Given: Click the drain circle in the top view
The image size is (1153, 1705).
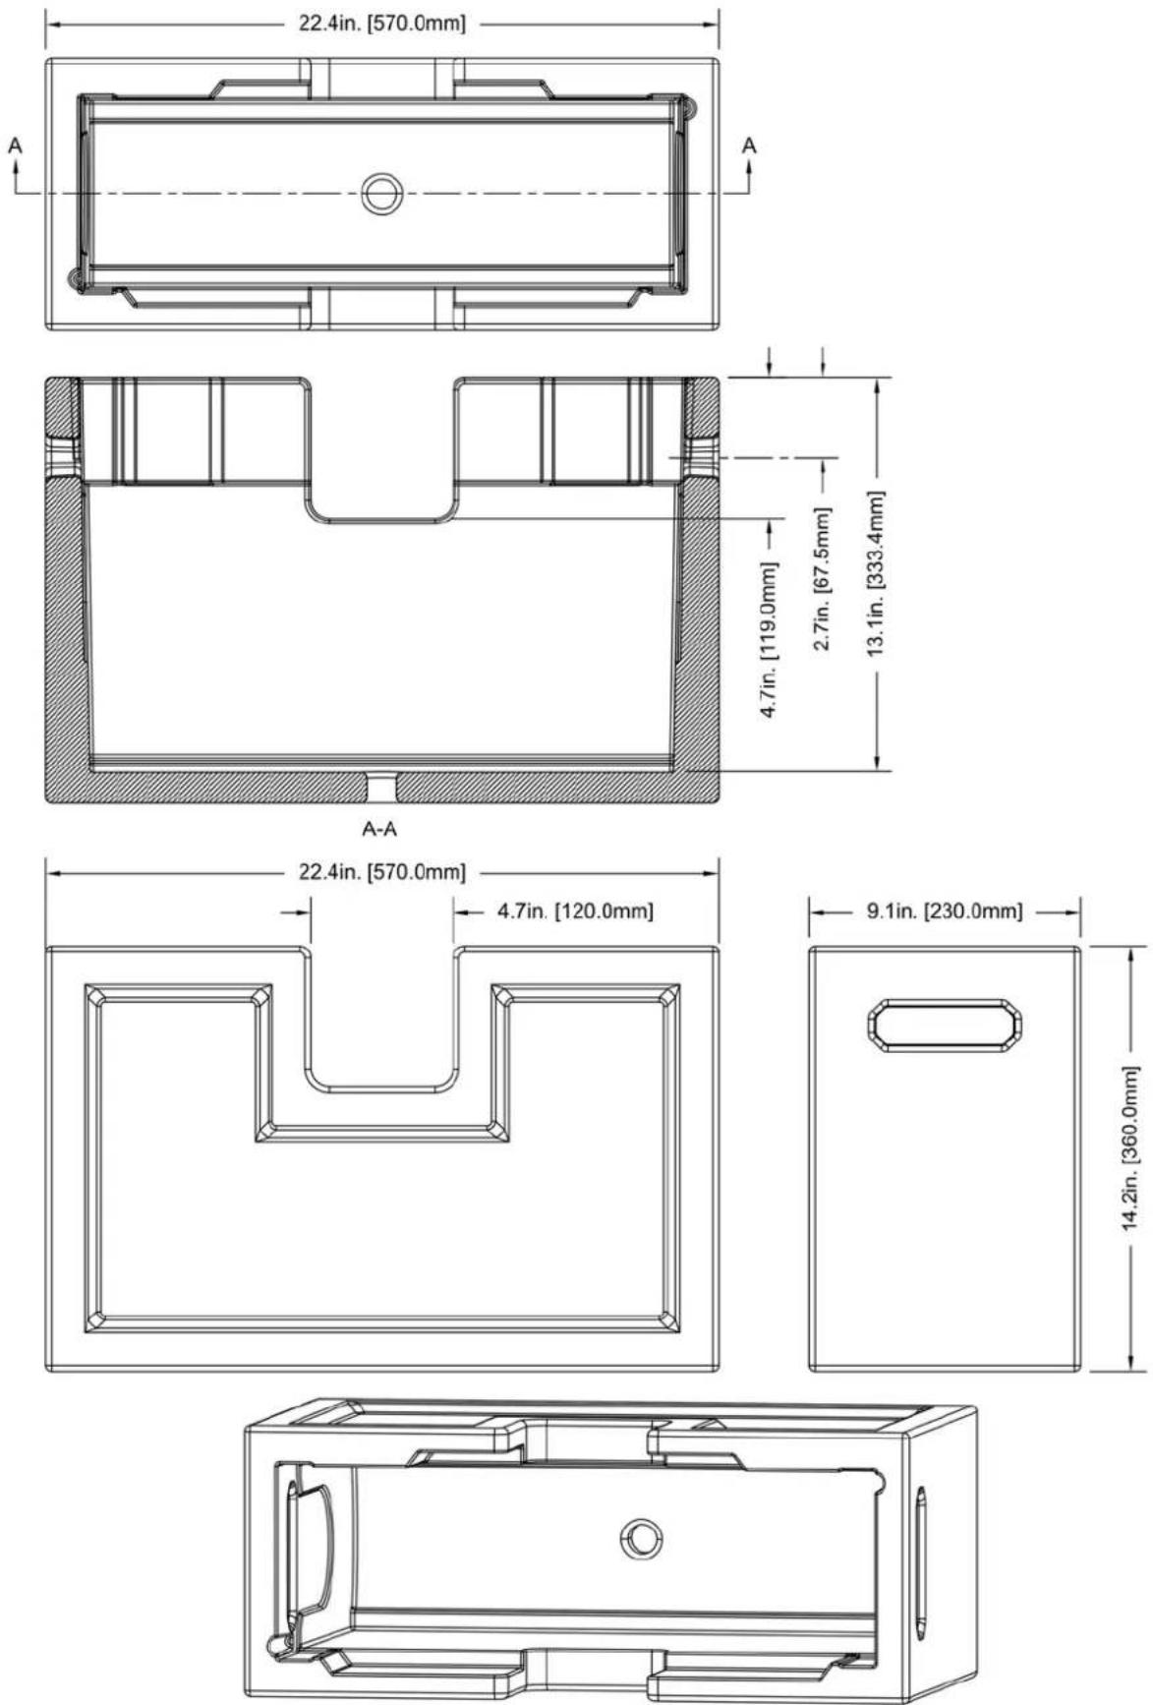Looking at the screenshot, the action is click(380, 193).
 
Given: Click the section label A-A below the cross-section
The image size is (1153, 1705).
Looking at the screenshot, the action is click(380, 830).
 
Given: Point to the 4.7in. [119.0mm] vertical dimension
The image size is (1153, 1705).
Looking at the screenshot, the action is click(771, 639).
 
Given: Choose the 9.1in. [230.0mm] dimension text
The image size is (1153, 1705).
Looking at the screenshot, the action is click(945, 911).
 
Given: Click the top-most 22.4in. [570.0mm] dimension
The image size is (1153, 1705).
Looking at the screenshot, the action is click(382, 23).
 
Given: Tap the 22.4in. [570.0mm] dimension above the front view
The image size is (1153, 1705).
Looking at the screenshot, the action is click(382, 872).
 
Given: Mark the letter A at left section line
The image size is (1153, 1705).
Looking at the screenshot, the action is click(15, 146).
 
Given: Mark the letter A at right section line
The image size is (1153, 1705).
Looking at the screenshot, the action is click(749, 146).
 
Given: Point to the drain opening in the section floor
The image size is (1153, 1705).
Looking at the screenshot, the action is click(380, 787).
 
